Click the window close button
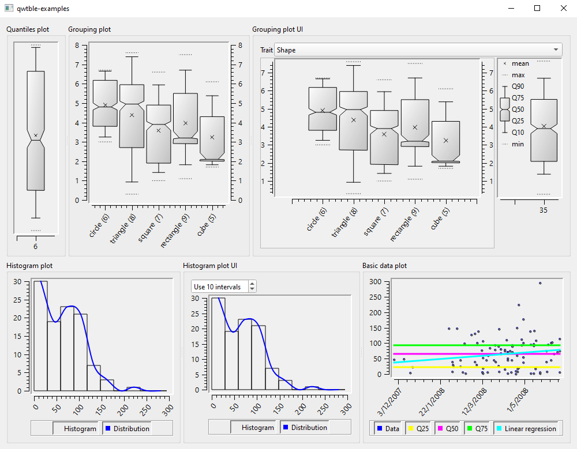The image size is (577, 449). coord(563,8)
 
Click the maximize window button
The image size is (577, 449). coord(537,8)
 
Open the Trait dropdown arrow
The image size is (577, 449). coord(556,49)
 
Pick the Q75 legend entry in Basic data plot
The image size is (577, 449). coord(477,428)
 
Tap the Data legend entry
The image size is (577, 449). coord(388,428)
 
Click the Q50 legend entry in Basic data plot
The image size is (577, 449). coord(448,428)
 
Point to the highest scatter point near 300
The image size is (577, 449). coord(540,283)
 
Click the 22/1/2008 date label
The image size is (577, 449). coord(432,402)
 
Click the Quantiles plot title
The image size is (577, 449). coord(28,29)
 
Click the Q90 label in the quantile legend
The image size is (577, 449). coord(518,86)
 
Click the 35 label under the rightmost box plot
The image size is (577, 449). coord(544,210)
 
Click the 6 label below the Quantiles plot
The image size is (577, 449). coord(35,247)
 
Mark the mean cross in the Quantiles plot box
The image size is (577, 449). coord(36,135)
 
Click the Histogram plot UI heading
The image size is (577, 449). coord(210,266)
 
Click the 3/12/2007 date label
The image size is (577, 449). coord(389,402)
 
